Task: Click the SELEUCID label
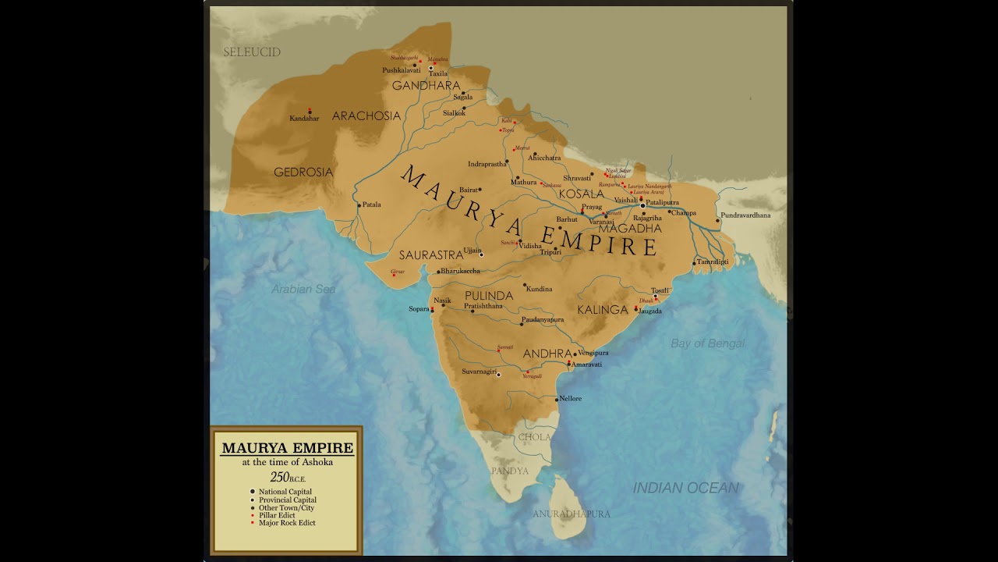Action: coord(251,52)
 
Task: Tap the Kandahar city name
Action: coord(304,119)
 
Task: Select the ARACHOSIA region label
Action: coord(366,116)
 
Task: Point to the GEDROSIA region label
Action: coord(303,172)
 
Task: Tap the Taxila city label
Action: coord(438,74)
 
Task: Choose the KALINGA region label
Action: coord(602,310)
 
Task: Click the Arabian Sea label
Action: coord(303,289)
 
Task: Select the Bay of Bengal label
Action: coord(707,343)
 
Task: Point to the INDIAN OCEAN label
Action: coord(685,488)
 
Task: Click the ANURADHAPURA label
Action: coord(571,514)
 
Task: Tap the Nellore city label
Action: coord(570,399)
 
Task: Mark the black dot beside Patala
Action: coord(359,205)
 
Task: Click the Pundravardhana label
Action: coord(745,215)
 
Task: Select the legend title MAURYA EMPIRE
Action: coord(287,448)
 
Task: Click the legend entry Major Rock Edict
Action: coord(287,523)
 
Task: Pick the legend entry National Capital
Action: coord(285,492)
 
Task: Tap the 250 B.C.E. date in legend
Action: coord(287,477)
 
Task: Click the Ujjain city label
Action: coord(472,251)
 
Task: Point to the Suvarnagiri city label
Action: coord(479,372)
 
